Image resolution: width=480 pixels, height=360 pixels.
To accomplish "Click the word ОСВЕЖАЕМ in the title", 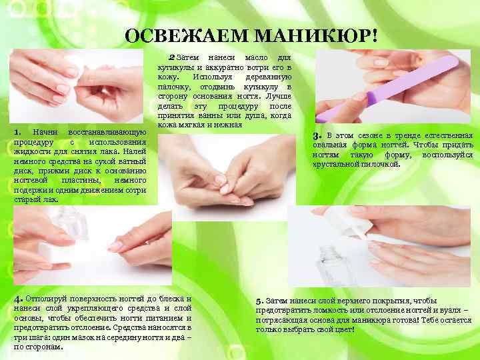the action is pyautogui.click(x=187, y=36).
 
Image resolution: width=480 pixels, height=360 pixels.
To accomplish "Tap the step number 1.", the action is pyautogui.click(x=17, y=132).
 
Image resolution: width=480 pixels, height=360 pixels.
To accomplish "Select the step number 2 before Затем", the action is pyautogui.click(x=171, y=57).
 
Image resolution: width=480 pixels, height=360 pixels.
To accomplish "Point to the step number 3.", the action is pyautogui.click(x=317, y=135).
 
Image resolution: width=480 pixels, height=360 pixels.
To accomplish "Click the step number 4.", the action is pyautogui.click(x=18, y=299).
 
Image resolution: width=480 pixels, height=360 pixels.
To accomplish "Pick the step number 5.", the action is pyautogui.click(x=259, y=301).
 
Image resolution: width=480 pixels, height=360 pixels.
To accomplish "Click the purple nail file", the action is pyautogui.click(x=387, y=88).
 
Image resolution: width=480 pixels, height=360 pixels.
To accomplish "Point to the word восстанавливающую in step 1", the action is pyautogui.click(x=107, y=132).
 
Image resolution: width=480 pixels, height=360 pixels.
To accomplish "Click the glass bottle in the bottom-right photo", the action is pyautogui.click(x=335, y=263).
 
